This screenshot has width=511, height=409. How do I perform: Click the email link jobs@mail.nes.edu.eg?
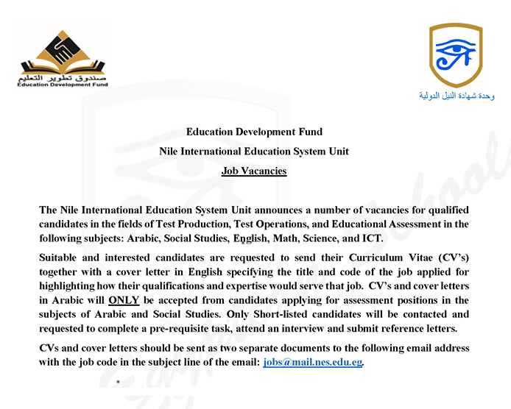pyautogui.click(x=313, y=363)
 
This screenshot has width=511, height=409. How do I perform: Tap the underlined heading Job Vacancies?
pyautogui.click(x=254, y=171)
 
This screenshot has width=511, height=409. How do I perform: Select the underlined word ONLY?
pyautogui.click(x=123, y=301)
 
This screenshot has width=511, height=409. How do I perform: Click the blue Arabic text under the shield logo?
pyautogui.click(x=457, y=97)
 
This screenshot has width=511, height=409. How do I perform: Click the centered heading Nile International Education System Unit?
pyautogui.click(x=254, y=152)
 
